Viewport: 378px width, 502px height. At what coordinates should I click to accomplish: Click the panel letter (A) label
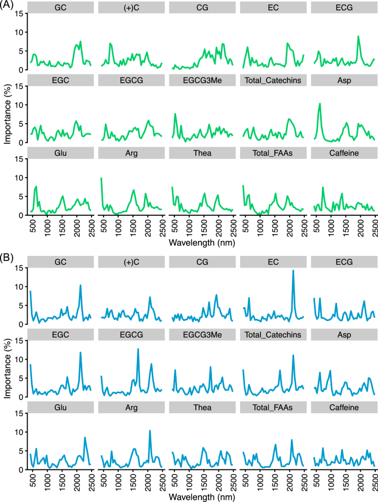[x=8, y=7]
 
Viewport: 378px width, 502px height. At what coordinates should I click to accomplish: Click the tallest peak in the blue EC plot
[x=293, y=271]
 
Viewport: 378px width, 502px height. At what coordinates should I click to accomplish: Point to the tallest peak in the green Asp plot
[x=320, y=104]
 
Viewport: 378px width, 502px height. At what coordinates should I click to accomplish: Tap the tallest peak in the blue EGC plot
[x=81, y=353]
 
